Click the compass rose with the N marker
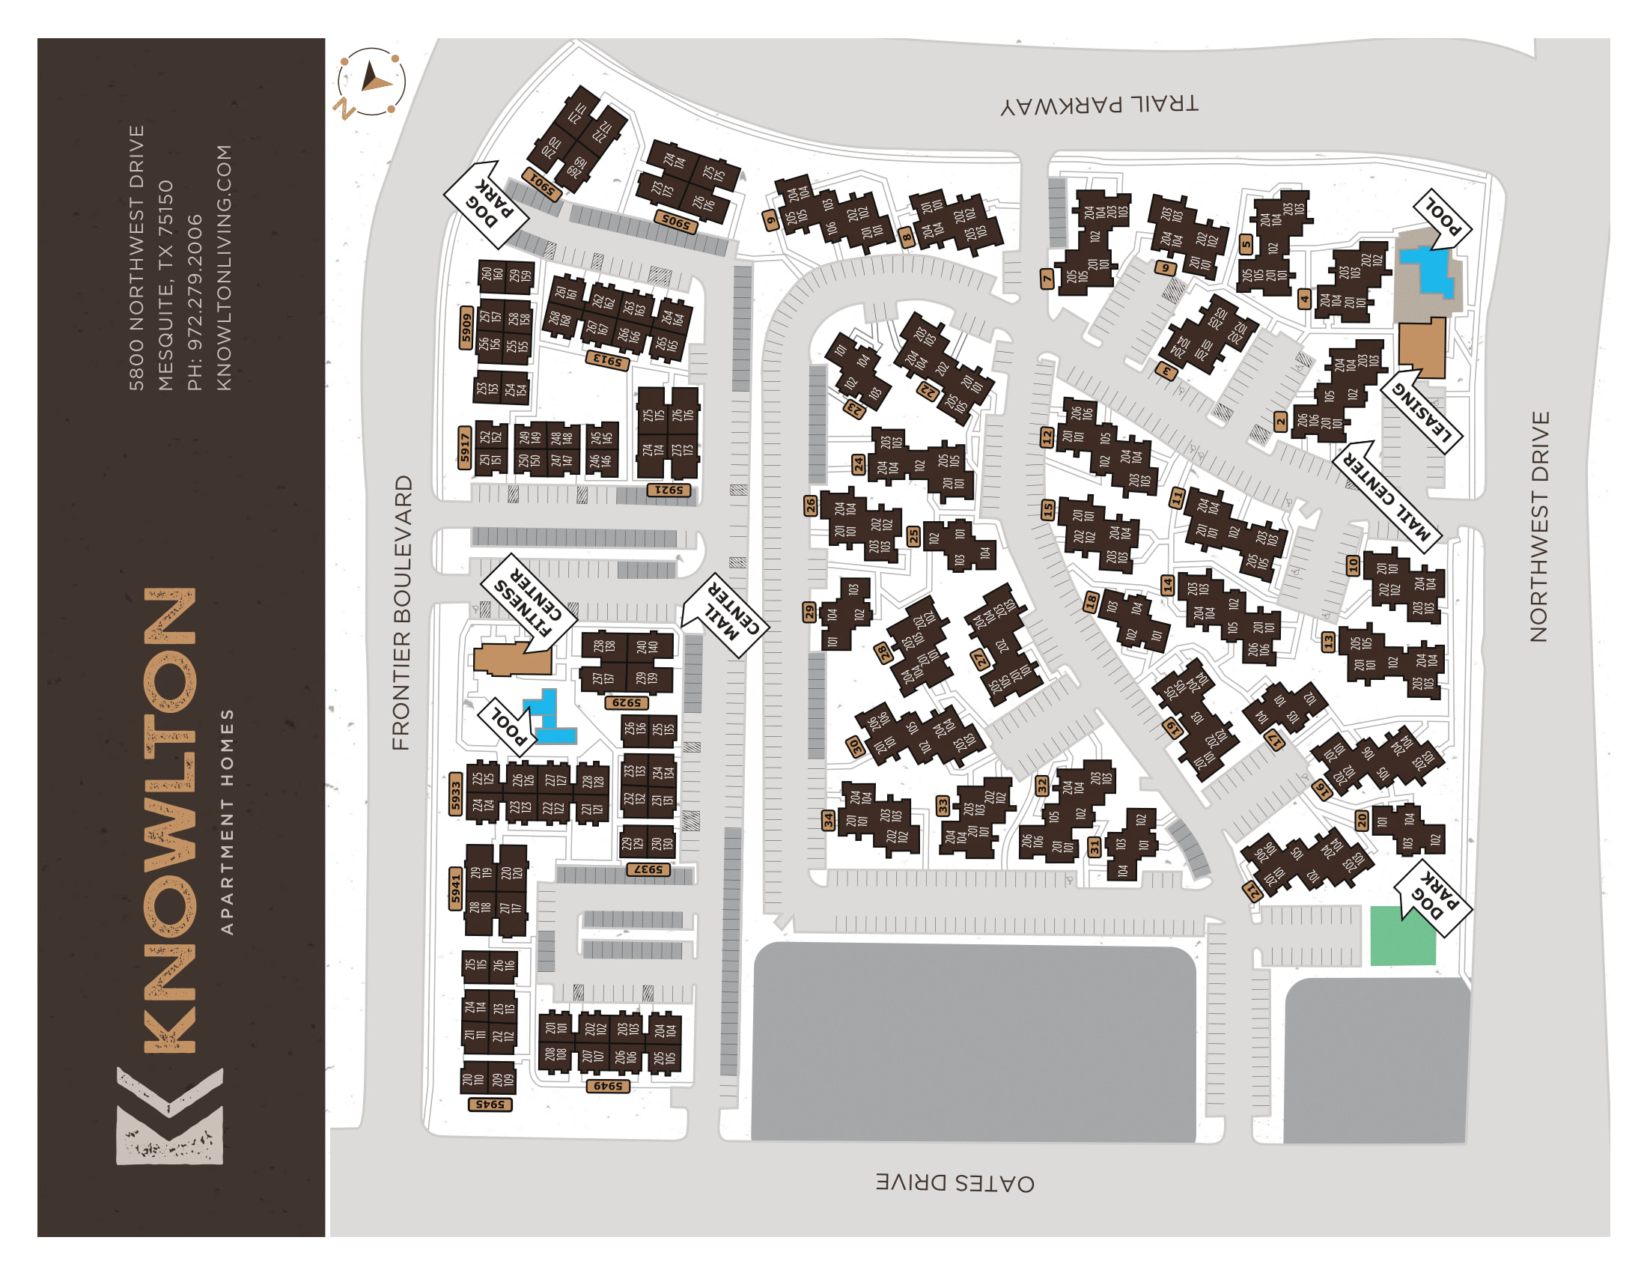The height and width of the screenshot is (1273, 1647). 371,82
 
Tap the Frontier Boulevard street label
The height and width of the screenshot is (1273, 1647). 402,612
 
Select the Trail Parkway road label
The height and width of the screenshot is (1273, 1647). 1099,105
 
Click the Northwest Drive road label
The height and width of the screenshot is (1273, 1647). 1538,526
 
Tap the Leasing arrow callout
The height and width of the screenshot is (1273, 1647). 1423,411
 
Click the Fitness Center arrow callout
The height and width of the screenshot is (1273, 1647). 529,604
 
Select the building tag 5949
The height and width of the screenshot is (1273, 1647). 608,1086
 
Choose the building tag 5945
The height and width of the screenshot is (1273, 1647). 490,1104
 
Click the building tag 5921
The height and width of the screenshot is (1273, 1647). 668,490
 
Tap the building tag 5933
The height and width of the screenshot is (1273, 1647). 455,793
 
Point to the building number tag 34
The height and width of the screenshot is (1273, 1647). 828,820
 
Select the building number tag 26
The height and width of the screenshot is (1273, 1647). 811,505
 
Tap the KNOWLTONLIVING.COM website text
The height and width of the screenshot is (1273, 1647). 224,268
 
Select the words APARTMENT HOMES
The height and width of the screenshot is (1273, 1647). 227,821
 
